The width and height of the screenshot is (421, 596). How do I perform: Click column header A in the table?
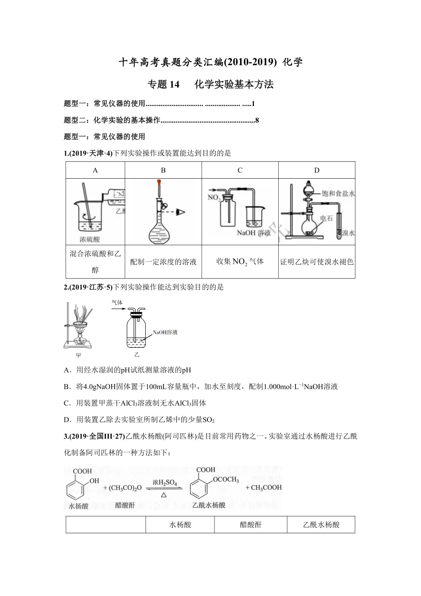coord(95,170)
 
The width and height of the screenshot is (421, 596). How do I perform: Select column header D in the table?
coord(316,170)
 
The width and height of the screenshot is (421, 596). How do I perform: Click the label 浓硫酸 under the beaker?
coord(90,239)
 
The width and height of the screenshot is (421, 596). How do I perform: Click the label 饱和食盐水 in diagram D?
coord(340,193)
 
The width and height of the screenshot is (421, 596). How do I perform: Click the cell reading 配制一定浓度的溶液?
coord(163,262)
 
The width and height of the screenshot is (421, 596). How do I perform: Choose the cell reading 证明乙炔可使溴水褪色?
coord(316,262)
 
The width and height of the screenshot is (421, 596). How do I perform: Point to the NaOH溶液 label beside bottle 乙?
coord(165,332)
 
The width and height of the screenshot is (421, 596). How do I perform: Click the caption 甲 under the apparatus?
coord(79,355)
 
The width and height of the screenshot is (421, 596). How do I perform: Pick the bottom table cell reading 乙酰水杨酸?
coord(321,525)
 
